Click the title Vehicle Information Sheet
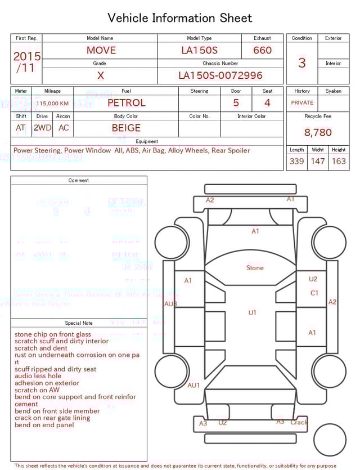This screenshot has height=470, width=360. [180, 18]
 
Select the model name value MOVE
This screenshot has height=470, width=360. [101, 50]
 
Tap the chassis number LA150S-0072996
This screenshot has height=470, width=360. [220, 75]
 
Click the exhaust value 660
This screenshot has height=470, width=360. [262, 50]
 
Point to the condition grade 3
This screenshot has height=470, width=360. [301, 62]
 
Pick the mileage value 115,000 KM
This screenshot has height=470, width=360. [52, 104]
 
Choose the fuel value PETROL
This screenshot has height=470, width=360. [126, 102]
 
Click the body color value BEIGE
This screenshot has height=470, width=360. [126, 128]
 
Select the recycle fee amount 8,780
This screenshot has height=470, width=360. [318, 132]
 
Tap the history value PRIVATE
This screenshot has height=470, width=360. [302, 102]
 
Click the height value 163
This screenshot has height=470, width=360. [339, 161]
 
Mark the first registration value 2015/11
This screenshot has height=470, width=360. [26, 62]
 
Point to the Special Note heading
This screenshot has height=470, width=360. [79, 323]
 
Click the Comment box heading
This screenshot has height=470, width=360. [79, 181]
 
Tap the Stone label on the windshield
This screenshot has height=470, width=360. [255, 268]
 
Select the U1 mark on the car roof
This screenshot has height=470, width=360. [253, 312]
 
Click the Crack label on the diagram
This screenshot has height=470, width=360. [299, 422]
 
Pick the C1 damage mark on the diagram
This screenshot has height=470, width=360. [314, 293]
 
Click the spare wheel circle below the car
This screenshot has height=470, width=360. [330, 440]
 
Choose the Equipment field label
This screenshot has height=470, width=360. [147, 141]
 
